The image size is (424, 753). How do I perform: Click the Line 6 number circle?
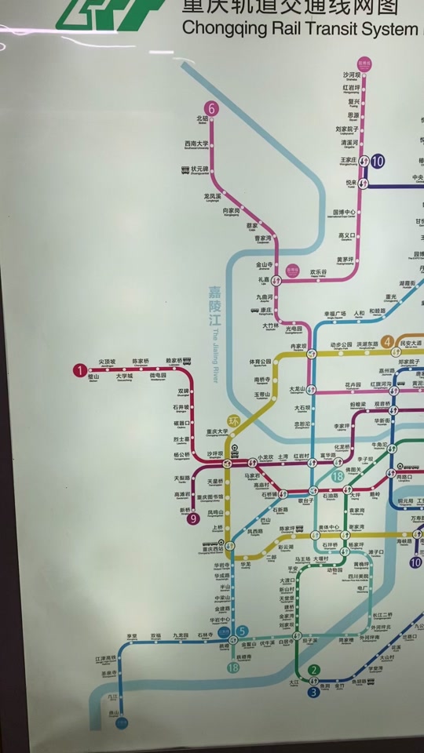coord(210,109)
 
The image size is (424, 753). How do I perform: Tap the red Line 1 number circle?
coord(79,370)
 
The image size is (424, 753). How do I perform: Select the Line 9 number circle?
coord(192,518)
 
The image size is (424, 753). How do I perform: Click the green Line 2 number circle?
coord(314,670)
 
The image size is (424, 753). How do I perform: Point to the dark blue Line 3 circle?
coord(313,692)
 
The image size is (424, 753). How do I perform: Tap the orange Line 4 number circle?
coord(387,341)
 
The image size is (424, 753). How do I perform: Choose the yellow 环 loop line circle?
coord(232,421)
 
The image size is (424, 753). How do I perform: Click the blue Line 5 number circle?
coord(243,631)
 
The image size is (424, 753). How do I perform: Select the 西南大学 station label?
coord(196,144)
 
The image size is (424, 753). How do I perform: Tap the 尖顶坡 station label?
coord(107,362)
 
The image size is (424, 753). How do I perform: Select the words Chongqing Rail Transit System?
coord(300,29)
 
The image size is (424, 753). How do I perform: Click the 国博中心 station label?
coord(345,212)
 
